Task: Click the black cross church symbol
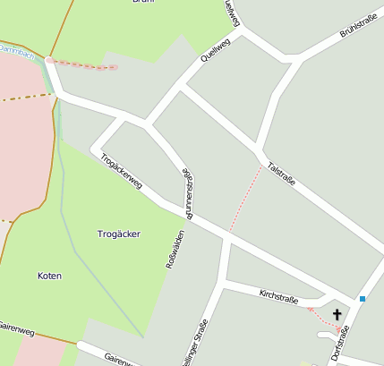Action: pos(337,314)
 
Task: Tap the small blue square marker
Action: pos(363,298)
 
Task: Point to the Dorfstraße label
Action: pos(340,344)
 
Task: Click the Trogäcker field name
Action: pos(118,234)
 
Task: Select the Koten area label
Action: pos(50,276)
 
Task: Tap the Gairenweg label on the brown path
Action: pos(16,331)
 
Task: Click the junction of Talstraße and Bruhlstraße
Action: pos(259,149)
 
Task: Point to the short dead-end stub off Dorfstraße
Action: pos(323,334)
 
